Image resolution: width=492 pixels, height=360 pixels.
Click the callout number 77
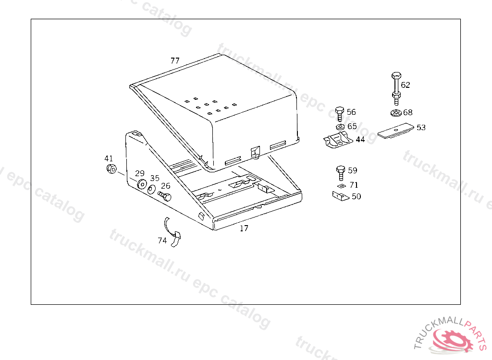tap(175, 60)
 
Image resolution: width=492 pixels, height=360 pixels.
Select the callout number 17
tap(244, 228)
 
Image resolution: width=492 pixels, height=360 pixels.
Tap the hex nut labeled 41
tap(111, 168)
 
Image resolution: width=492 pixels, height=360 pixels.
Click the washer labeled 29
tap(142, 184)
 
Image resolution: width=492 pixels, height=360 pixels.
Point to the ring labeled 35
tap(151, 190)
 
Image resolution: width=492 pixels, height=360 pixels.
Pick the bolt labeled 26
tap(164, 196)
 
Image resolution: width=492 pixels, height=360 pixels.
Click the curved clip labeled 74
tap(172, 233)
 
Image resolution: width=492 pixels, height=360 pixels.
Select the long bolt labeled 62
tap(396, 89)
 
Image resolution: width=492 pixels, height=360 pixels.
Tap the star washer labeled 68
tap(396, 113)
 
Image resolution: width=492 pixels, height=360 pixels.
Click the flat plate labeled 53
tap(396, 130)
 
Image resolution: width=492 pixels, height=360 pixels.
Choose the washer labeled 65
tap(340, 127)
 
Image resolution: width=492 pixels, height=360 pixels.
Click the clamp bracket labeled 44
tap(338, 140)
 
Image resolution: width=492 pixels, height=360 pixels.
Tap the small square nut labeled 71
tap(342, 186)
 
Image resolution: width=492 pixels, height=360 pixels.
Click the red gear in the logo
tap(452, 339)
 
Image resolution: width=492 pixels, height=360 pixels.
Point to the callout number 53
tap(421, 128)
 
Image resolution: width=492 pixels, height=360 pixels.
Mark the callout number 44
tap(360, 139)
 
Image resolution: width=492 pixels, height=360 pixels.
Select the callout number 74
tap(162, 240)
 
